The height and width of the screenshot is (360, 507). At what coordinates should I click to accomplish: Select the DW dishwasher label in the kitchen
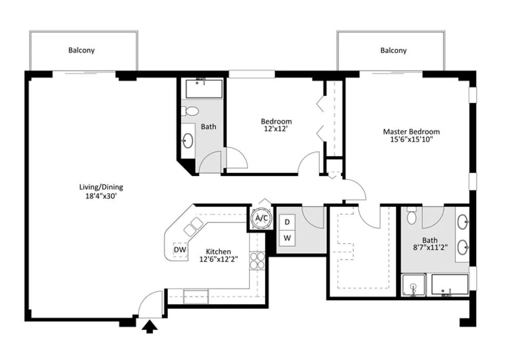(x=180, y=249)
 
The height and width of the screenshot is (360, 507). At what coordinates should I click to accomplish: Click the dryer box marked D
(x=287, y=223)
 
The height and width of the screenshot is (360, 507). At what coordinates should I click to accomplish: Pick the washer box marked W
(x=287, y=238)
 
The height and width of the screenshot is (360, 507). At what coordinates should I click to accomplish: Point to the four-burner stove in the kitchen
(x=257, y=261)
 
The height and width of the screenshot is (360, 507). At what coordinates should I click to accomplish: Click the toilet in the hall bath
(x=189, y=111)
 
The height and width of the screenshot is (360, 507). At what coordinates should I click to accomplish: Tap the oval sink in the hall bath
(x=187, y=141)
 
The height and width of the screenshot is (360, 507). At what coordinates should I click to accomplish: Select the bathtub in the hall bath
(x=204, y=89)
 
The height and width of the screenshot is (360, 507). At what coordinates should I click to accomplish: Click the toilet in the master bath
(x=412, y=216)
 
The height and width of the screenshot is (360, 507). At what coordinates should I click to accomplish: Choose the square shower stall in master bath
(x=413, y=285)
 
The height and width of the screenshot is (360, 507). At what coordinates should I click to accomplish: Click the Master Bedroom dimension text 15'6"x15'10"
(x=411, y=139)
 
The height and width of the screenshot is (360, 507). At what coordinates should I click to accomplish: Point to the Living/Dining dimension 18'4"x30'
(x=101, y=196)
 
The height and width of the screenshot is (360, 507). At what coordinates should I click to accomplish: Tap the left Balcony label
(x=82, y=50)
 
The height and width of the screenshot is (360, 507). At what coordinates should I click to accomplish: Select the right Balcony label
(x=394, y=50)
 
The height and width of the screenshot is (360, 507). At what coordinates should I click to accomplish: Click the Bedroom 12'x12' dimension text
(x=276, y=129)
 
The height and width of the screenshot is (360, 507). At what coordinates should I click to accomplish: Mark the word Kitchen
(x=219, y=251)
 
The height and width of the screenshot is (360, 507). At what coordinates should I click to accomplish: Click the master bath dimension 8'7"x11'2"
(x=430, y=248)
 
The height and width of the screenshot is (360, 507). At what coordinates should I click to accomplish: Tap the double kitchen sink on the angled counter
(x=193, y=226)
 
